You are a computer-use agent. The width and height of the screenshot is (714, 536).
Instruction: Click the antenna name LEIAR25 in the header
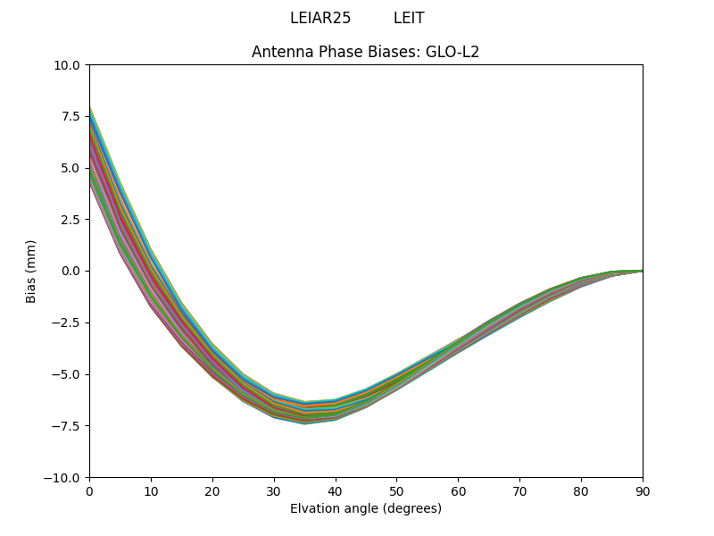coord(320,18)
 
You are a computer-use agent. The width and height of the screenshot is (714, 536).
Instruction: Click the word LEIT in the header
coord(409,18)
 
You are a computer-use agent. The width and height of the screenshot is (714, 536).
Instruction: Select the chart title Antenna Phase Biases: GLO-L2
coord(365,52)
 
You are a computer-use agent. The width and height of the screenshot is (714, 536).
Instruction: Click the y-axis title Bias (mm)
coord(31,271)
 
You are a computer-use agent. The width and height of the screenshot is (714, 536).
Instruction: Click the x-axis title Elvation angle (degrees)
coord(365,508)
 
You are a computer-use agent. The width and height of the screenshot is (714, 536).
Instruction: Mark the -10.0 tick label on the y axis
coord(66,477)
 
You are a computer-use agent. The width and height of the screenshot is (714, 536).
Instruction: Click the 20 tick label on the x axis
coord(212,490)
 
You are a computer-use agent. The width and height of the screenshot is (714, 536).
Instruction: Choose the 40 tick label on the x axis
coord(336,490)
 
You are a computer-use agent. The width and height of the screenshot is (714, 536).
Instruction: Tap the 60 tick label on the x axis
coord(458,490)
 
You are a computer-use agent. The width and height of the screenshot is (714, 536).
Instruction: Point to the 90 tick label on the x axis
coord(642,490)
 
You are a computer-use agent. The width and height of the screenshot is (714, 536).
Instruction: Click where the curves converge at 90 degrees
coord(641,270)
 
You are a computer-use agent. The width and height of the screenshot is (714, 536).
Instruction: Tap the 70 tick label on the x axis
coord(519,490)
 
